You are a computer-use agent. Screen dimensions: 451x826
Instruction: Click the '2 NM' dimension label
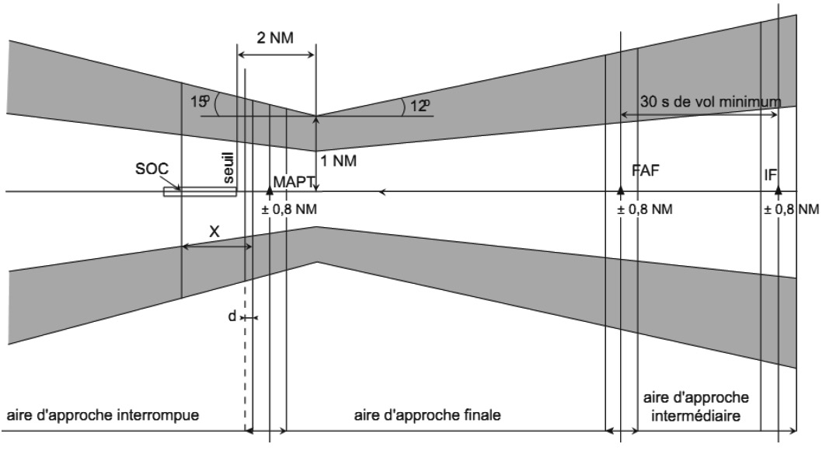(275, 37)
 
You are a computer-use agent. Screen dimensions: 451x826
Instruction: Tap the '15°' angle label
(199, 101)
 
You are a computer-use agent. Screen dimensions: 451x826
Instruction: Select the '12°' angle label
(420, 105)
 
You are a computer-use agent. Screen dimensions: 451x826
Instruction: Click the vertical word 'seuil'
(228, 169)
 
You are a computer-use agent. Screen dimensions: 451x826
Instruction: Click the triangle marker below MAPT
(270, 189)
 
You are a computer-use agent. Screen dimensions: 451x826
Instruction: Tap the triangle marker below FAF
(620, 189)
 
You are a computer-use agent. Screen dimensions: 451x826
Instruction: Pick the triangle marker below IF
(779, 189)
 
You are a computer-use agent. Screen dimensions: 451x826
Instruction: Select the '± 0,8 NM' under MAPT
(290, 209)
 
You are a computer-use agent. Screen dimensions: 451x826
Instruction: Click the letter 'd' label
(232, 317)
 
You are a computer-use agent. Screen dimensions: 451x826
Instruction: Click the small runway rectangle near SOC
(199, 191)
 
